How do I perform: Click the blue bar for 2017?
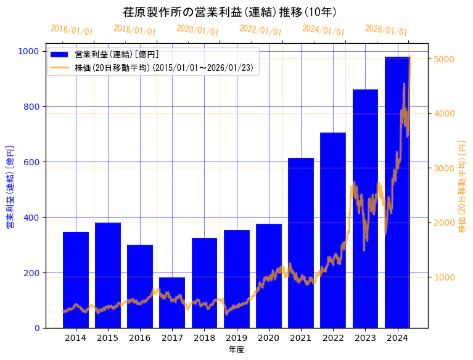[x=172, y=302]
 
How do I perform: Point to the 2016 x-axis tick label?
[x=140, y=338]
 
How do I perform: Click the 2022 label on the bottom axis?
[x=333, y=338]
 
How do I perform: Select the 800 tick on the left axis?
[x=33, y=107]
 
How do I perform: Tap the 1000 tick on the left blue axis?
[x=30, y=51]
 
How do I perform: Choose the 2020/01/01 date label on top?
[x=197, y=30]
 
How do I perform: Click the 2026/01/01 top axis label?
[x=386, y=30]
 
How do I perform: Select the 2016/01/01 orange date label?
[x=72, y=30]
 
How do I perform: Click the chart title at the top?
[x=230, y=12]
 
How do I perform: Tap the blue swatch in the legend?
[x=60, y=55]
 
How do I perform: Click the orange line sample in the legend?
[x=60, y=67]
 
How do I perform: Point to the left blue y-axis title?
[x=10, y=187]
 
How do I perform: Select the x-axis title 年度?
[x=236, y=350]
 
